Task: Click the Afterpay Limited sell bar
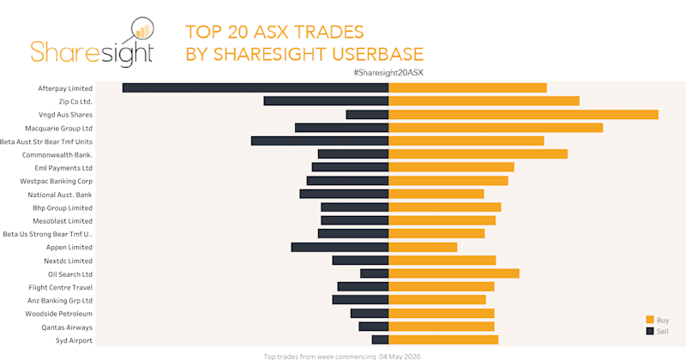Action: tap(256, 87)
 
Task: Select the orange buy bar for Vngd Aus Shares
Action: tap(523, 114)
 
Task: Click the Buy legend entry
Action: tap(662, 319)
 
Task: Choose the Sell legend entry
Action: tap(662, 331)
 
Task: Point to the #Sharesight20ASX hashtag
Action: tap(388, 73)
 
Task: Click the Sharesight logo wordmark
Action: tap(92, 51)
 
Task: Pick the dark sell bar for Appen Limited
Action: tap(340, 247)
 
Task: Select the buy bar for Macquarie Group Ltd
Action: tap(496, 128)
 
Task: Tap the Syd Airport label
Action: tap(73, 340)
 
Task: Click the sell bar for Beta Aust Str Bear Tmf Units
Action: tap(320, 141)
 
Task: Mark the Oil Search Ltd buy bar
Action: tap(454, 273)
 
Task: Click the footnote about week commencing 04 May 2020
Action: tap(342, 355)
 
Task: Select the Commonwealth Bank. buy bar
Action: tap(478, 154)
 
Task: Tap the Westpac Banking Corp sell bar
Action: tap(347, 181)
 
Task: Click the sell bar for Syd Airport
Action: tap(380, 340)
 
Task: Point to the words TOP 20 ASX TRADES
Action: tap(274, 33)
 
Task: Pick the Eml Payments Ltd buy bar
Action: tap(451, 167)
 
